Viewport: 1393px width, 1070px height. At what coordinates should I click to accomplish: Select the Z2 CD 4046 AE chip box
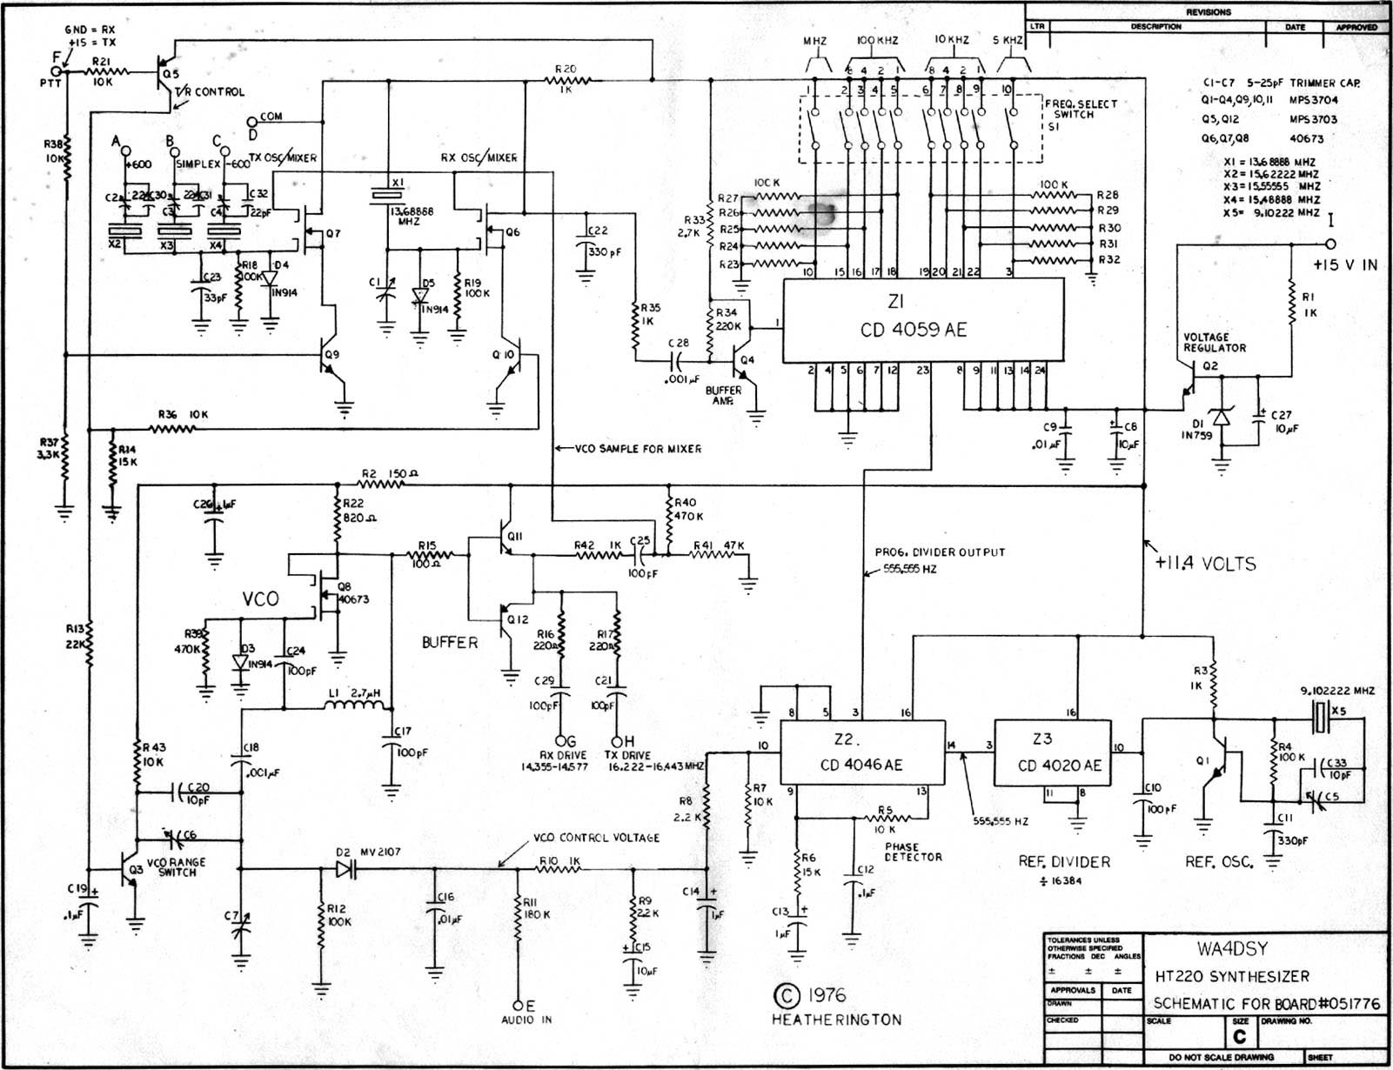click(x=861, y=753)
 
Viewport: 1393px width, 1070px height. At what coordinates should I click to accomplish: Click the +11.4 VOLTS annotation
click(x=1206, y=564)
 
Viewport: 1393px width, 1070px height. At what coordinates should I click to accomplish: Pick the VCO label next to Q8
click(x=260, y=599)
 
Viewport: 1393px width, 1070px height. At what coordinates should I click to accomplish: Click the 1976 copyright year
click(x=825, y=995)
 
